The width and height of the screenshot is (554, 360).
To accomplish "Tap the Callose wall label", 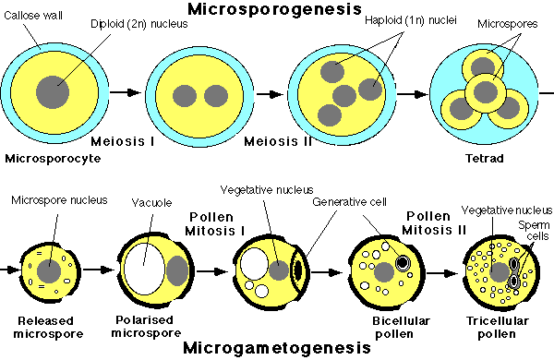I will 29,17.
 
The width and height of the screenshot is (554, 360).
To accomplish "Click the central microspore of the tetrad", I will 481,92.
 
